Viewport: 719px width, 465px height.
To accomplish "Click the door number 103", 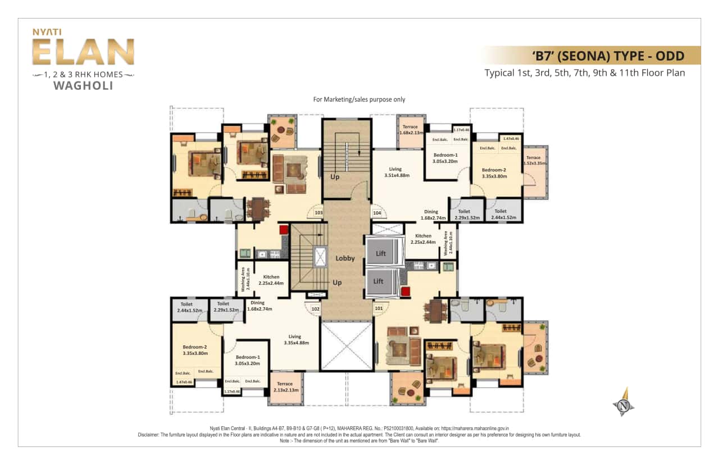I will pyautogui.click(x=318, y=213).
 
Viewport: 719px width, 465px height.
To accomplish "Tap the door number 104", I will pyautogui.click(x=376, y=213).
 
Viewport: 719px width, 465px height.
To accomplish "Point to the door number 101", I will pyautogui.click(x=379, y=308).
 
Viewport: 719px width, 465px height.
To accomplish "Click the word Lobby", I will pyautogui.click(x=345, y=258).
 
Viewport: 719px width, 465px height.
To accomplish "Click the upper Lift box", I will pyautogui.click(x=381, y=253).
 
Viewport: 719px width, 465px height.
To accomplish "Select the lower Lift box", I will pyautogui.click(x=379, y=281).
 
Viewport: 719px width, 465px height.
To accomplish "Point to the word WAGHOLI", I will pyautogui.click(x=83, y=86).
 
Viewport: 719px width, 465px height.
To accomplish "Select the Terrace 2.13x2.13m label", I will pyautogui.click(x=285, y=387).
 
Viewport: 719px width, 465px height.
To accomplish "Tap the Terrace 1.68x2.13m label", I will pyautogui.click(x=410, y=130).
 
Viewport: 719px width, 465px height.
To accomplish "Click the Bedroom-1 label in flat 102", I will pyautogui.click(x=248, y=360).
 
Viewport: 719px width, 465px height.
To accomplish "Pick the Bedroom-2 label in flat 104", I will pyautogui.click(x=494, y=172).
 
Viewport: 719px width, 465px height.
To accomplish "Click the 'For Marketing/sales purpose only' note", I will pyautogui.click(x=359, y=99).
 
